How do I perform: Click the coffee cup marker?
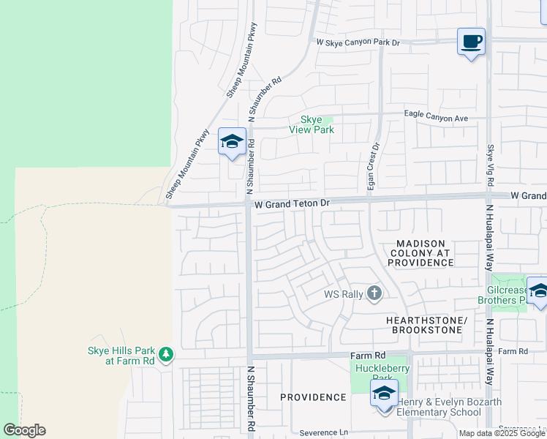pyautogui.click(x=472, y=42)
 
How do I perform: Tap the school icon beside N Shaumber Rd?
pyautogui.click(x=232, y=141)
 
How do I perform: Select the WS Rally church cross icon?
pyautogui.click(x=374, y=294)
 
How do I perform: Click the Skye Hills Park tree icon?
pyautogui.click(x=167, y=355)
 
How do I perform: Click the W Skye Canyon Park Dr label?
pyautogui.click(x=358, y=43)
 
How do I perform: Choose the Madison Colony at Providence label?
pyautogui.click(x=420, y=252)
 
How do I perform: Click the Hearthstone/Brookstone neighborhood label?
pyautogui.click(x=426, y=326)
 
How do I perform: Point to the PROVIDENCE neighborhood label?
pyautogui.click(x=313, y=397)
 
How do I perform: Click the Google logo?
pyautogui.click(x=24, y=430)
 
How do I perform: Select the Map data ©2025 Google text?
pyautogui.click(x=502, y=433)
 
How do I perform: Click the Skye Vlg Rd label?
pyautogui.click(x=491, y=168)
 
